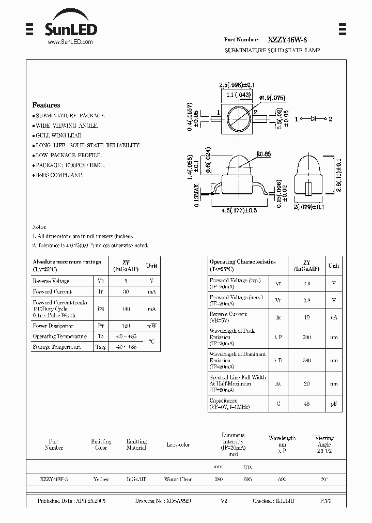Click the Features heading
(46, 105)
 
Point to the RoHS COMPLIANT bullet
(57, 175)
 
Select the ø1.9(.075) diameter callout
(272, 98)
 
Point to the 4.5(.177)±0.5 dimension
(239, 210)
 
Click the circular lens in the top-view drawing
(239, 118)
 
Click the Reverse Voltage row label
(51, 281)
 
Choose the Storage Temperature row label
(57, 347)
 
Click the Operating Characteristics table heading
(242, 262)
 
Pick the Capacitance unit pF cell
(334, 404)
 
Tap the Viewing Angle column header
(324, 441)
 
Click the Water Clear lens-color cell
(178, 480)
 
